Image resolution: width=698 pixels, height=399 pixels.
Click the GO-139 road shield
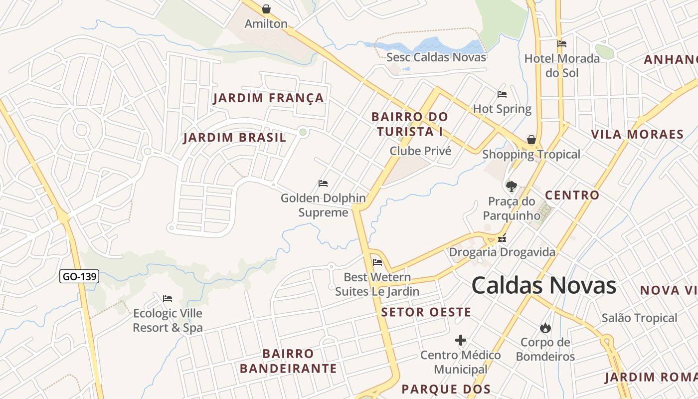tap(79, 276)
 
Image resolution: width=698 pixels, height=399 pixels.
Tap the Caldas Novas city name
tap(543, 286)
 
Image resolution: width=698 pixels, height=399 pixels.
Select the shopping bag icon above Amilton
tap(266, 9)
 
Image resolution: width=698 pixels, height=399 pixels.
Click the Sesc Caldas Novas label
tap(436, 57)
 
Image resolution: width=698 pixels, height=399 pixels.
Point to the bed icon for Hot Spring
tap(502, 94)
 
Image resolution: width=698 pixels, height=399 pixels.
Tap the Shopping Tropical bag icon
tap(531, 140)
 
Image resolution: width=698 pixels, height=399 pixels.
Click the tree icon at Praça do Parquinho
tap(511, 187)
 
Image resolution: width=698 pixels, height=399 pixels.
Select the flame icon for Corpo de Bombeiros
tap(545, 328)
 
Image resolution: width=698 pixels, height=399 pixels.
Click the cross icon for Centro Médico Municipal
tap(461, 340)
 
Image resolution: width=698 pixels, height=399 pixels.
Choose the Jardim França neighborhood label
tap(269, 98)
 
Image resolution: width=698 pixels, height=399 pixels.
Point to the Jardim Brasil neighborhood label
tap(235, 138)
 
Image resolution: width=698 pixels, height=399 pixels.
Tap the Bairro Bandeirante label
tap(288, 361)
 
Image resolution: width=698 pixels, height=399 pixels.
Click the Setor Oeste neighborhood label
tap(426, 313)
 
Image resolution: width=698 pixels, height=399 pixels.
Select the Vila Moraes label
tap(637, 134)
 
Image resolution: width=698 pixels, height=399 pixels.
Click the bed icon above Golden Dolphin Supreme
tap(323, 184)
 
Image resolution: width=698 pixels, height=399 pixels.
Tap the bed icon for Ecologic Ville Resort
tap(168, 299)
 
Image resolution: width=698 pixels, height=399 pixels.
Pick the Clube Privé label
tap(420, 151)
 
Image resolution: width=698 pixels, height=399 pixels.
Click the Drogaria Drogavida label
tap(502, 252)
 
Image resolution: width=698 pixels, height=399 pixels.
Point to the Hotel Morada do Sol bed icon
tap(562, 44)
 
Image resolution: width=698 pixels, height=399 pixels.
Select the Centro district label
tap(572, 195)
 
